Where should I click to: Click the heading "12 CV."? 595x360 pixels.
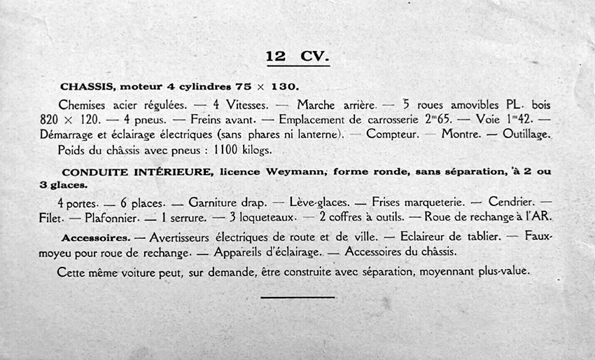coord(297,56)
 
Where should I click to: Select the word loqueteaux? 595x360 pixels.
coord(269,218)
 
